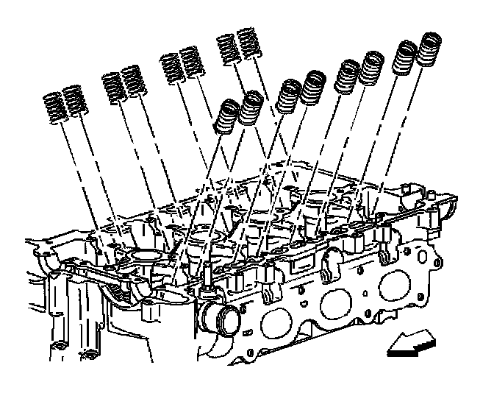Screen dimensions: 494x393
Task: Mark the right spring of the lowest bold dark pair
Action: click(x=250, y=110)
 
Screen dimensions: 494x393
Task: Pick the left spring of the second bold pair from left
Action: click(x=289, y=95)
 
